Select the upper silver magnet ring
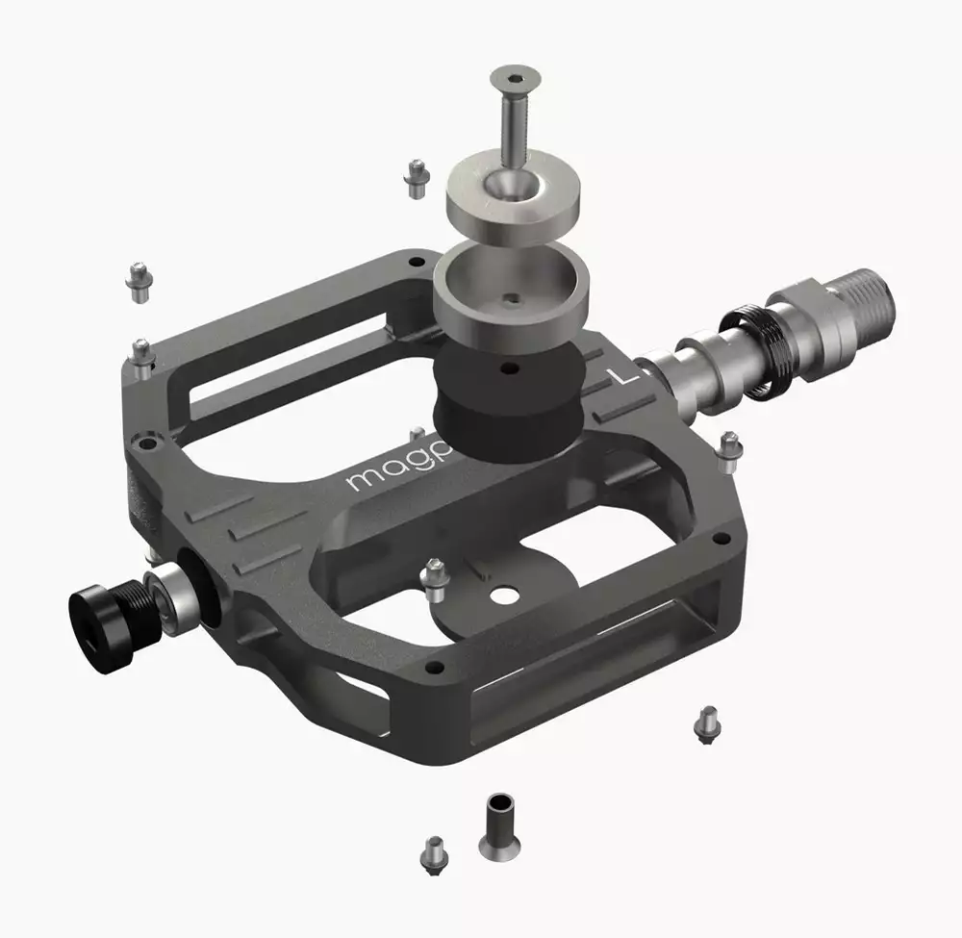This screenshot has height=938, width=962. point(514,198)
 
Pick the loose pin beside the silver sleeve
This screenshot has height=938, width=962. point(432,850)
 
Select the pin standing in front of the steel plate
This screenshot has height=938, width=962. point(434,574)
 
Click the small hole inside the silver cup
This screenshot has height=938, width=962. point(514,297)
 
